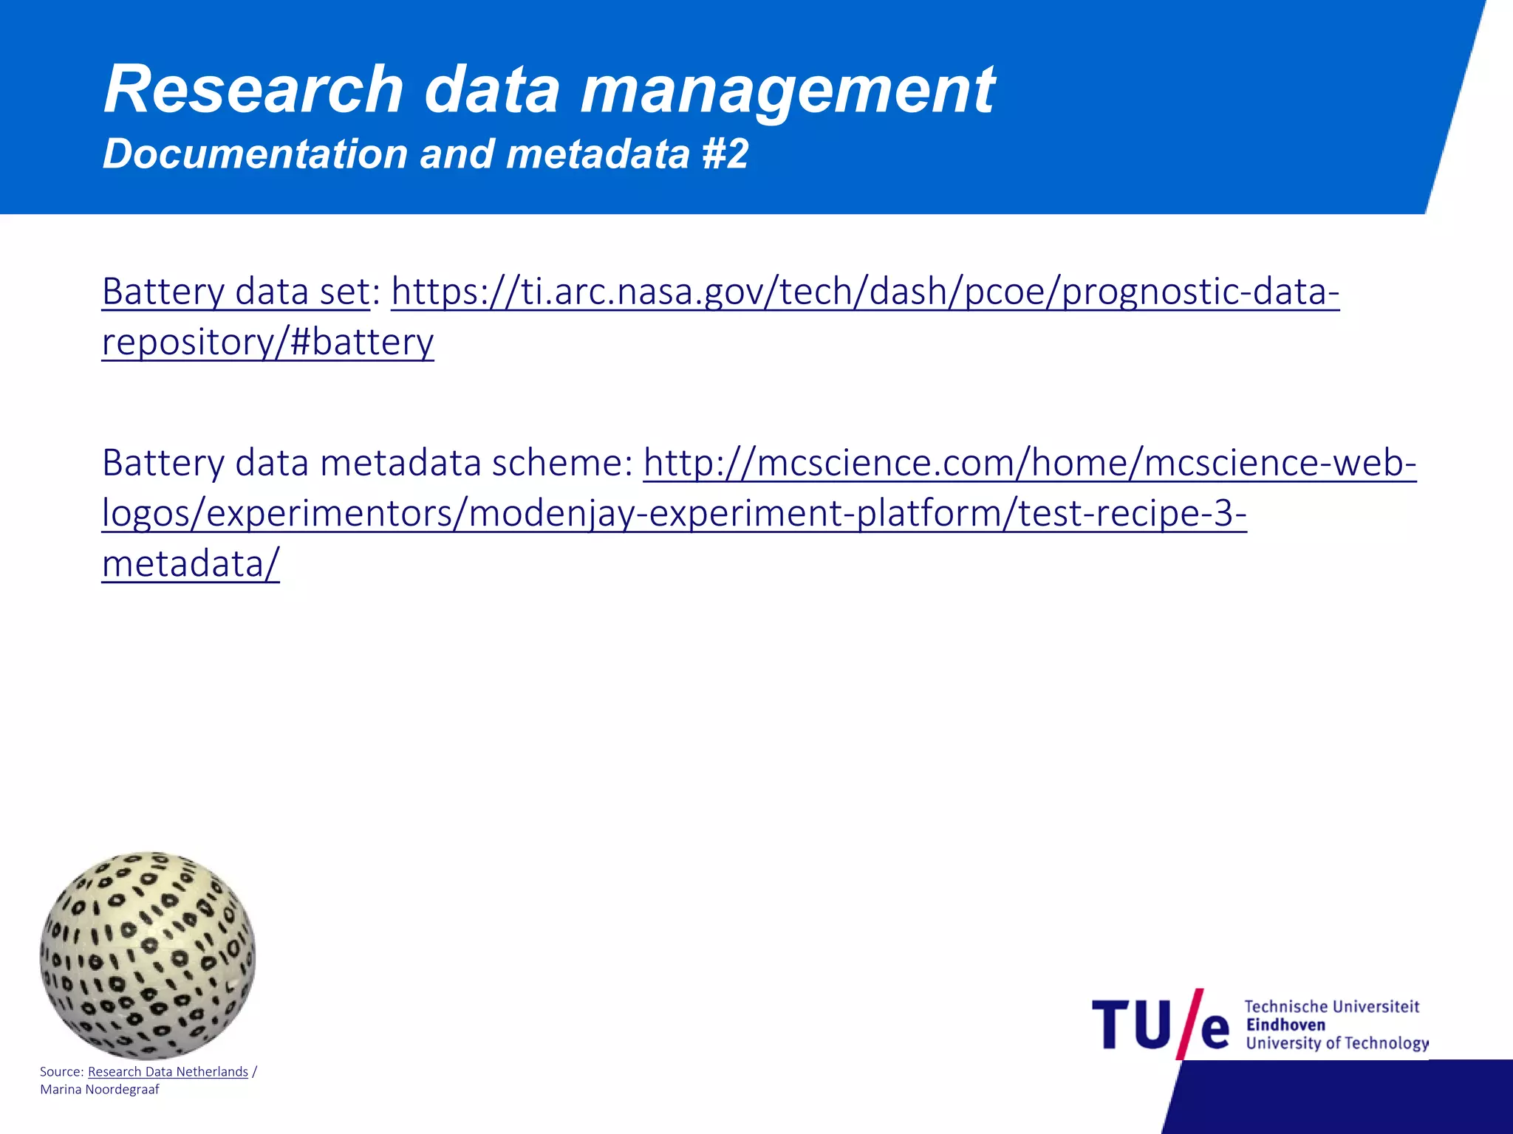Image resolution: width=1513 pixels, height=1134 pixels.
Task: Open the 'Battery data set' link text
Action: point(236,291)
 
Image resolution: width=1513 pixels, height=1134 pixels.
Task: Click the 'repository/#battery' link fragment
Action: point(267,342)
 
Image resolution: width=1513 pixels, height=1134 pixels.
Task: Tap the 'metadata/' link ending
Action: point(191,564)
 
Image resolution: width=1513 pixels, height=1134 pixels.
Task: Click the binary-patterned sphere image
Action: point(148,955)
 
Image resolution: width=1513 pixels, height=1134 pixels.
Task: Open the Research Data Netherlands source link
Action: point(168,1071)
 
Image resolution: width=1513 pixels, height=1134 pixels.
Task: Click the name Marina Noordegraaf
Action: point(100,1090)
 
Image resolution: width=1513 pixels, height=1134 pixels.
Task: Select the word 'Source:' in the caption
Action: point(61,1071)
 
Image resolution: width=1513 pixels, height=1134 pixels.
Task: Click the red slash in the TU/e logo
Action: point(1189,1023)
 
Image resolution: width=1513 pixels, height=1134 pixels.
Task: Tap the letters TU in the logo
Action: point(1130,1025)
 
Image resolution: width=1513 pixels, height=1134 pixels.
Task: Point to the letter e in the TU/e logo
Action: point(1215,1031)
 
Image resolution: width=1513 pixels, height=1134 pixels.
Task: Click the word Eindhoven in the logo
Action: point(1285,1025)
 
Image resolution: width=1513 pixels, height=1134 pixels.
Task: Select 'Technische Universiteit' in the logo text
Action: point(1331,1006)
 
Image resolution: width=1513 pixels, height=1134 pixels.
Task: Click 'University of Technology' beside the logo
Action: point(1336,1043)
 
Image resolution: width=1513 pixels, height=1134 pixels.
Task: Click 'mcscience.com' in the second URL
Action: point(887,463)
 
